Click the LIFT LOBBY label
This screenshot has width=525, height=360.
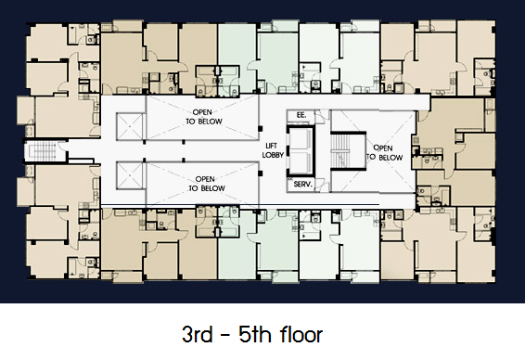273,150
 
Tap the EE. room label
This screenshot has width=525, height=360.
301,115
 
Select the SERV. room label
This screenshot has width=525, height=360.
302,184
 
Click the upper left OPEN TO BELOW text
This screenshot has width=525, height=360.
203,117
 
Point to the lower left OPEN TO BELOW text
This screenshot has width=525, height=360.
206,184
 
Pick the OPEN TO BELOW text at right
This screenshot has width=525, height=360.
384,152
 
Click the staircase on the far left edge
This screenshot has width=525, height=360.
40,151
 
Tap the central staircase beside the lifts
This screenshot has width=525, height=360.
347,150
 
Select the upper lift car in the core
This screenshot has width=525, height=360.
301,140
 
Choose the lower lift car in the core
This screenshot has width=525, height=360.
301,162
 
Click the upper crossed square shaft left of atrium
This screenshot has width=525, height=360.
130,126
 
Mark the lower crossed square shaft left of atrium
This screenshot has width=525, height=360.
130,175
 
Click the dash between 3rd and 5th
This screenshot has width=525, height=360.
225,335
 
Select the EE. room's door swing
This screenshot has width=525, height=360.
320,116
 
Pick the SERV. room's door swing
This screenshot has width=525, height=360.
320,186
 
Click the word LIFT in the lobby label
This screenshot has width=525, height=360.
271,146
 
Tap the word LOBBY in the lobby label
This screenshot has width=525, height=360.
273,155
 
